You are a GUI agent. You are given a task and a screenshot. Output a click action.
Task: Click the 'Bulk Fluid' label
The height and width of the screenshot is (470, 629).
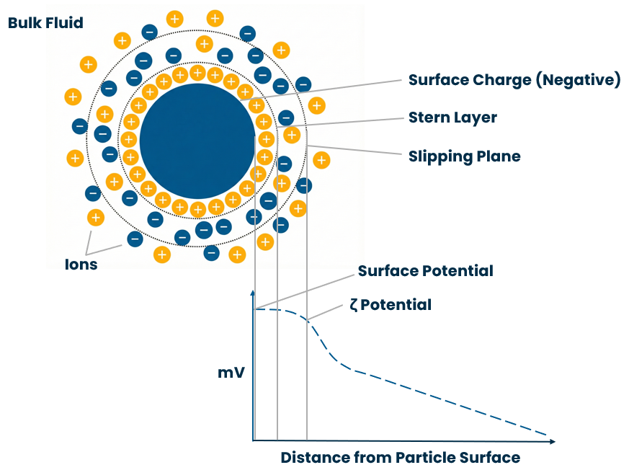[x=45, y=23]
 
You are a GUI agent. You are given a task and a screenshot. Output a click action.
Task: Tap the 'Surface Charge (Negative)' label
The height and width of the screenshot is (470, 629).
[x=514, y=80]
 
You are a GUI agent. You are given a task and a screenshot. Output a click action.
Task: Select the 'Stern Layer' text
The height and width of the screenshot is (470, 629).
[x=452, y=117]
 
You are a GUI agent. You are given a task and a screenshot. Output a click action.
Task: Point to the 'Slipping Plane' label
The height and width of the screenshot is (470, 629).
[x=464, y=156]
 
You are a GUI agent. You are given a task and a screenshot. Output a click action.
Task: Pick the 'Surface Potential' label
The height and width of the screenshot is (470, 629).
[x=425, y=271]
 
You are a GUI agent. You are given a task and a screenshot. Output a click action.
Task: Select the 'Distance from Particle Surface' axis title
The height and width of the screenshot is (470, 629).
[x=400, y=457]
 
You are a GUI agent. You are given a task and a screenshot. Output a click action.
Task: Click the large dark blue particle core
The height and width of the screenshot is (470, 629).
[x=197, y=141]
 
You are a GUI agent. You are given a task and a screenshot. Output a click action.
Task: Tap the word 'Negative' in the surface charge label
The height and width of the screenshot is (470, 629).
[x=576, y=80]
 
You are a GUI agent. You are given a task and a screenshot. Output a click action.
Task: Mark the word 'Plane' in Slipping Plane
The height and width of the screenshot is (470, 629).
[x=498, y=156]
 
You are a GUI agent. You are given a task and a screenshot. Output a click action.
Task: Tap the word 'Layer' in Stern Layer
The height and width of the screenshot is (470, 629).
[x=475, y=117]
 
